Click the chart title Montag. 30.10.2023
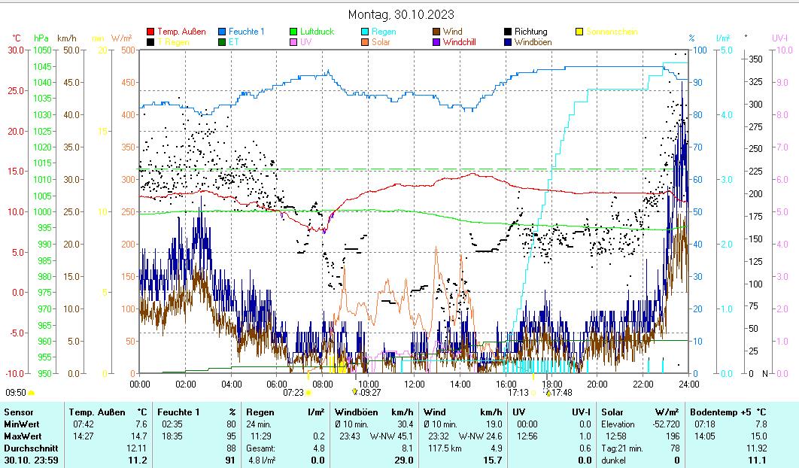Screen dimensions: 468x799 tap(401, 14)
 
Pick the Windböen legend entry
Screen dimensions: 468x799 tap(533, 42)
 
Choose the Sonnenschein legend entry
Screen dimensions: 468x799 tap(611, 32)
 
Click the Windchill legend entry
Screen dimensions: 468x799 tap(464, 42)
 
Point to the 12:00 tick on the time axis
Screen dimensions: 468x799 tap(415, 384)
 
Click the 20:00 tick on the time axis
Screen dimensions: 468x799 tap(597, 384)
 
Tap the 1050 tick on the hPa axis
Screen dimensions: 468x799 tap(43, 50)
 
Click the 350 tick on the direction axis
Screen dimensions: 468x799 tap(756, 59)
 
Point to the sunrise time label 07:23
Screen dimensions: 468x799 tap(293, 392)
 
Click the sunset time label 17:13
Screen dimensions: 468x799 tap(518, 392)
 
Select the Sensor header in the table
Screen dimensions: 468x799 tap(19, 412)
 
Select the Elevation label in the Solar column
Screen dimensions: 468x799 tap(618, 424)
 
